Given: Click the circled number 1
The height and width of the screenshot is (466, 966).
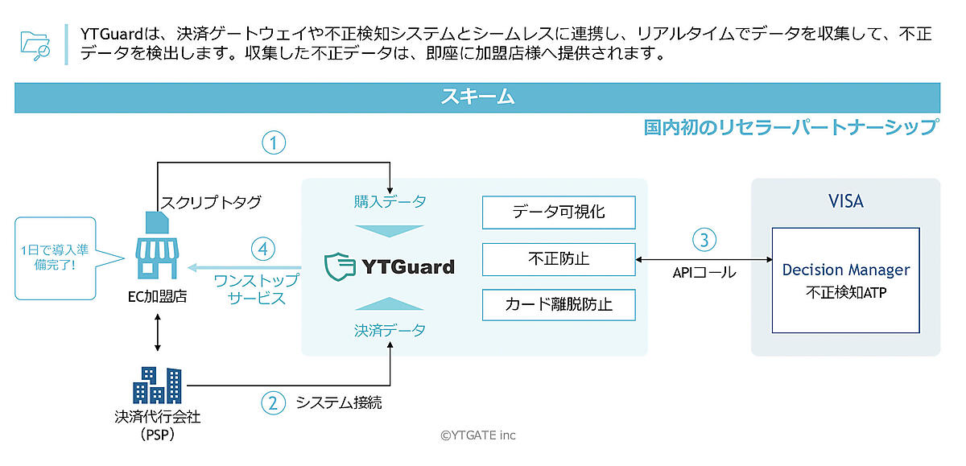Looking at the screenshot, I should click(275, 143).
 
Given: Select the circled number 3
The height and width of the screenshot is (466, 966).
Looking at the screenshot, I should click(704, 240).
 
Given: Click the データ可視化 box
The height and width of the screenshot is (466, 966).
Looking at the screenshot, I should click(559, 212).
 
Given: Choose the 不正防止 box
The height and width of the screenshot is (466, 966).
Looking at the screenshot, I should click(559, 259).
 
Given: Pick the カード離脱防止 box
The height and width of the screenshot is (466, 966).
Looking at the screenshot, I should click(559, 305).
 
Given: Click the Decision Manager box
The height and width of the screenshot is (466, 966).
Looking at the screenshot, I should click(845, 280).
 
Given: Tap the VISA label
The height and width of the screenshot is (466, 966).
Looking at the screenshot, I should click(845, 201).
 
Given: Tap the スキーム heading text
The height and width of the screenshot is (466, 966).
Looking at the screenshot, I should click(477, 97).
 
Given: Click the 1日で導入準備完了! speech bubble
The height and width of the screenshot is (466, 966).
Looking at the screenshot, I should click(55, 258).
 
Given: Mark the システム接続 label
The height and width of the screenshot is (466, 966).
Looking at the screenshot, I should click(338, 402).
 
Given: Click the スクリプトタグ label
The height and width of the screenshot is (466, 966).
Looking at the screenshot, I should click(211, 202).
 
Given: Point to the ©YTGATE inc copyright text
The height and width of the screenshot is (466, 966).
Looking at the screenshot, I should click(477, 435).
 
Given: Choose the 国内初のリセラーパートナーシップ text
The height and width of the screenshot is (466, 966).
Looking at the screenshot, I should click(791, 127).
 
